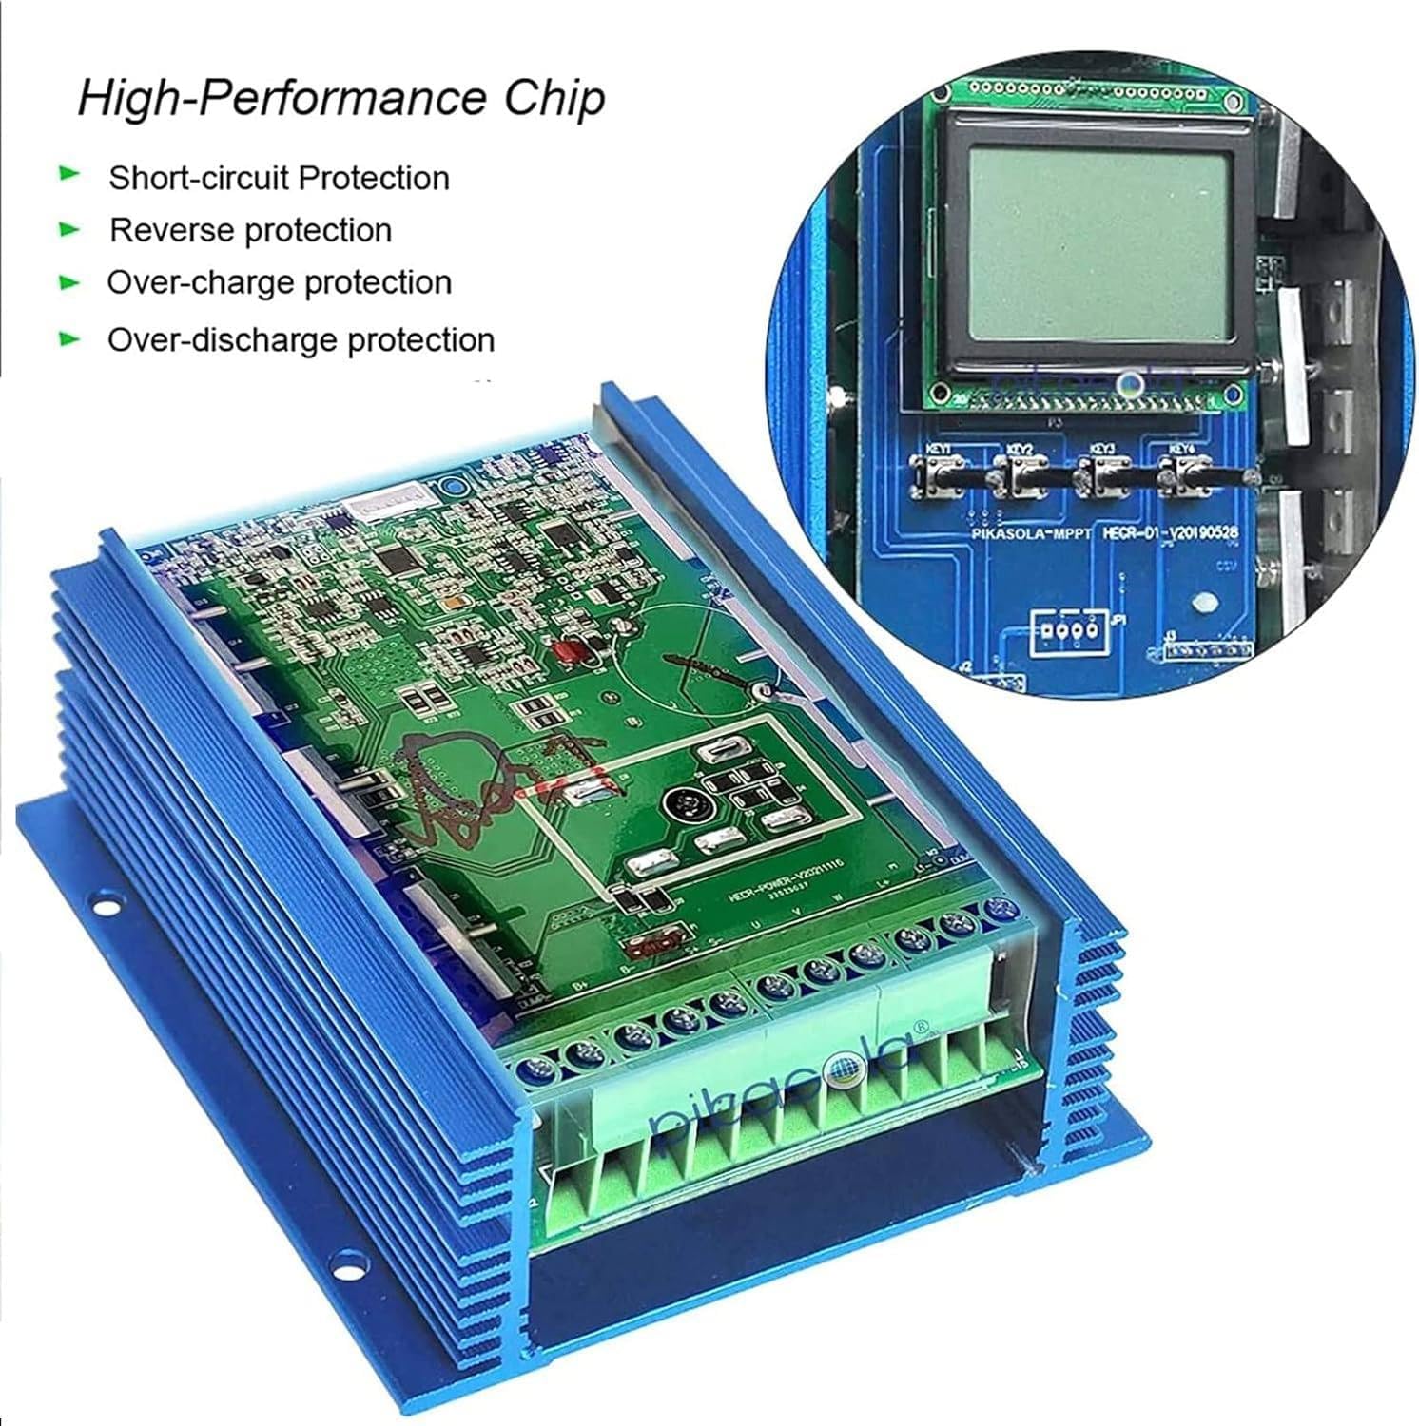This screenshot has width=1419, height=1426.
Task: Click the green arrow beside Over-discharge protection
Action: click(x=69, y=338)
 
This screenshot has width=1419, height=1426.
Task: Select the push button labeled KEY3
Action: click(x=1100, y=472)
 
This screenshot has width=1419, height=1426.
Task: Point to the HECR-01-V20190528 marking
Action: click(x=1170, y=533)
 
